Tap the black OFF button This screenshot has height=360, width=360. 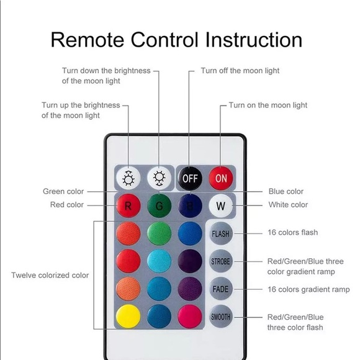pos(190,178)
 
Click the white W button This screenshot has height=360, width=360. pos(220,205)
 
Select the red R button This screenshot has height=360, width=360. pos(128,205)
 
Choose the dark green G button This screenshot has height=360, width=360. pos(159,205)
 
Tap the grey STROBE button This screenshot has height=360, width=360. pos(220,261)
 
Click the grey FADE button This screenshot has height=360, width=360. pos(220,289)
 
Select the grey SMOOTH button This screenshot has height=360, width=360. pos(220,317)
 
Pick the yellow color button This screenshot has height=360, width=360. pos(128,317)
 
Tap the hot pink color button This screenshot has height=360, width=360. pos(190,317)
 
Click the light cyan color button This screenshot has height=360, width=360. pos(159,261)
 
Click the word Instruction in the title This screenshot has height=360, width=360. pos(253,40)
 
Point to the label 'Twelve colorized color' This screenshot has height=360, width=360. pos(50,275)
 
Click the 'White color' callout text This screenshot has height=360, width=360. pos(288,205)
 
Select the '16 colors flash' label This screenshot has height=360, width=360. pos(293,232)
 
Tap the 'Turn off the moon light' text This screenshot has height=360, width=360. pos(240,71)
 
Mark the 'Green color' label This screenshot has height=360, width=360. pos(63,191)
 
